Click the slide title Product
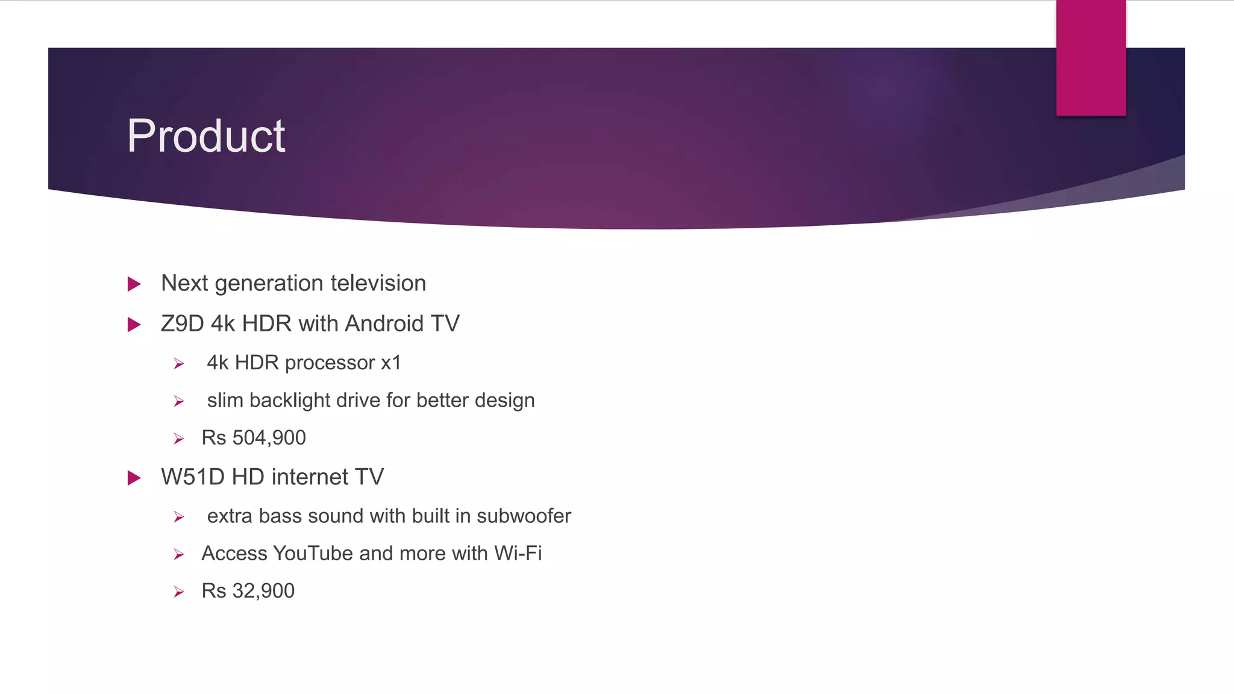point(205,136)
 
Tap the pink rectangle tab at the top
point(1091,58)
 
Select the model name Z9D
point(183,324)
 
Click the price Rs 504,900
point(254,438)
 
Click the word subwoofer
point(524,516)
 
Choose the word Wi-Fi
point(518,554)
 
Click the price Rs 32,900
point(248,591)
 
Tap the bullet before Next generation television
point(134,284)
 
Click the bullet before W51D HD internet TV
point(134,478)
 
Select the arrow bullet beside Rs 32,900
point(179,592)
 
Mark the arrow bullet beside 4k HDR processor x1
point(179,364)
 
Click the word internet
point(310,477)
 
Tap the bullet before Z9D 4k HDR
point(134,325)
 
